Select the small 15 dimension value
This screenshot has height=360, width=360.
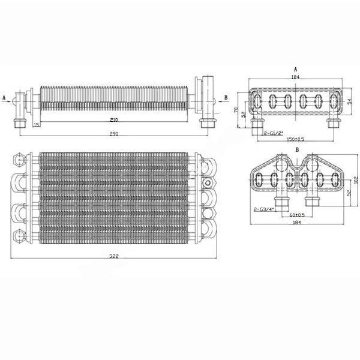(37, 124)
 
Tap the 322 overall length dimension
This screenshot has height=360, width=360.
(114, 256)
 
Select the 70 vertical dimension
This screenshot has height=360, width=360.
(236, 111)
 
